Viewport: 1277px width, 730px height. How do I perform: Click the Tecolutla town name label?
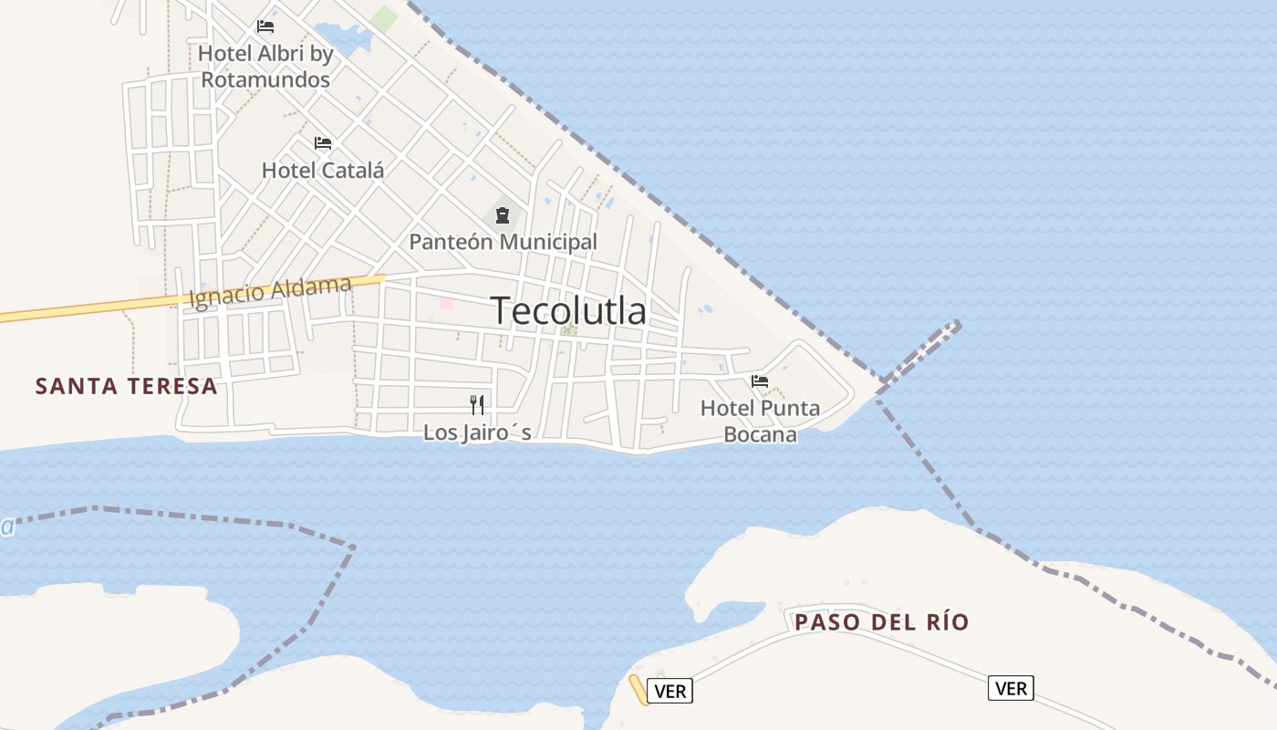point(568,311)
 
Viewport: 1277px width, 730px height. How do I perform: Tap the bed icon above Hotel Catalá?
point(323,143)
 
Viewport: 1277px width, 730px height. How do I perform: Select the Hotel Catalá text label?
point(323,170)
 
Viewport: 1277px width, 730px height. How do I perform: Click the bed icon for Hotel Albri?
point(265,26)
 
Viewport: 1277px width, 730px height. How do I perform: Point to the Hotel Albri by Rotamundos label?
point(265,67)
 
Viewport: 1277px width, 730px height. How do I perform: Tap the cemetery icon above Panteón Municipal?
point(502,215)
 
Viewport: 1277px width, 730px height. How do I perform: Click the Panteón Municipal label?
point(503,242)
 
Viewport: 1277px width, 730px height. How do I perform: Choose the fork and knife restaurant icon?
point(477,404)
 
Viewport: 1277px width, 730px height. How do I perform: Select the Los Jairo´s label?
point(477,433)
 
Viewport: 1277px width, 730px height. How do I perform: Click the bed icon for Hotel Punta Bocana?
point(760,381)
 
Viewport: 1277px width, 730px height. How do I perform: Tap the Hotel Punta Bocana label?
point(760,421)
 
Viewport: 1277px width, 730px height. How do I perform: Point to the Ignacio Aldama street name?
point(270,292)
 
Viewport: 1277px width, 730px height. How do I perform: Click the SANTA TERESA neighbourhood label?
point(126,386)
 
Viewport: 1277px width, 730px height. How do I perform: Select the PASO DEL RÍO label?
point(881,622)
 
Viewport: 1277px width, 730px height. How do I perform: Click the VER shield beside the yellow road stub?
point(670,691)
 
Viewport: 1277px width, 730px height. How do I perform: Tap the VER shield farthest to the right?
point(1011,688)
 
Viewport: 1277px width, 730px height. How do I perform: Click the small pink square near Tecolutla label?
point(445,303)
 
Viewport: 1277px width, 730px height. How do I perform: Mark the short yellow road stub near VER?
point(638,689)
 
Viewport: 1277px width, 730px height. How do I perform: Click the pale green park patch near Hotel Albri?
point(384,18)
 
